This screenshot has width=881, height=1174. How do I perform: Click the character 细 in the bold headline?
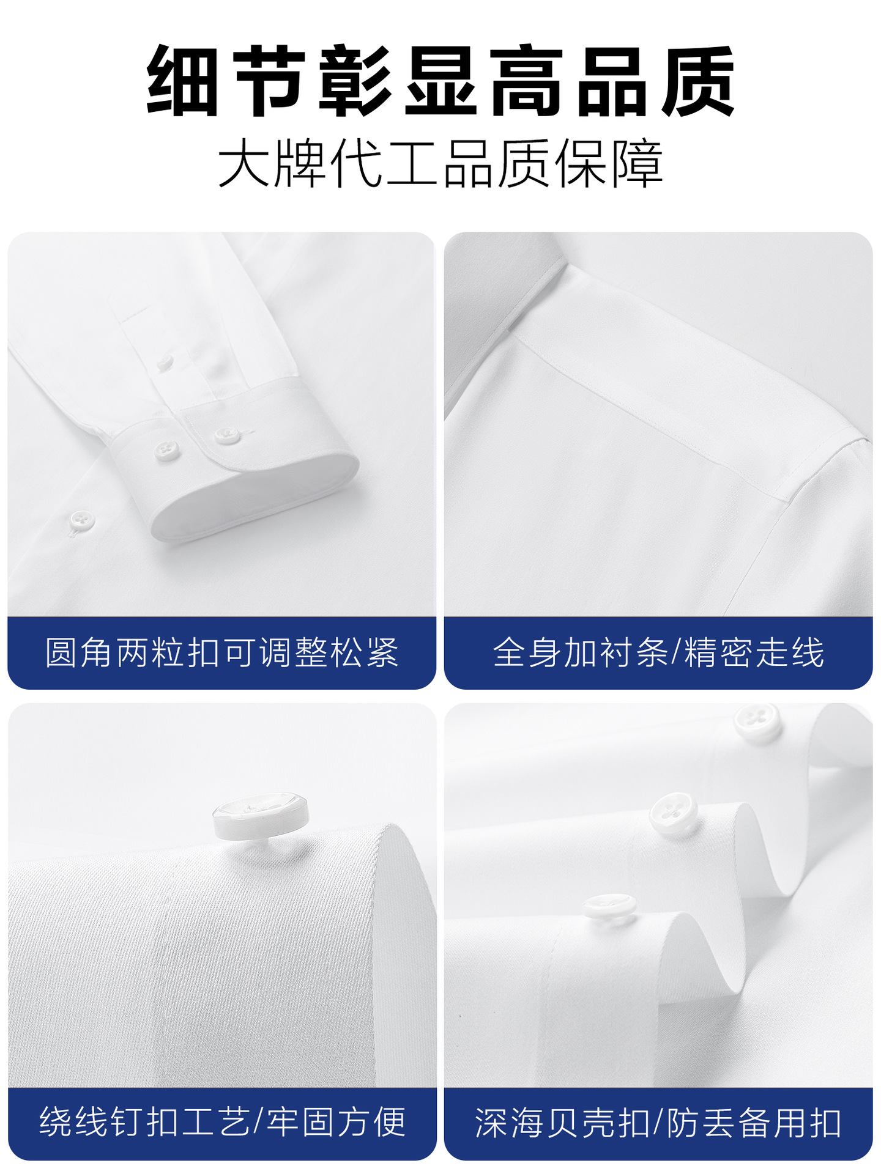pyautogui.click(x=183, y=81)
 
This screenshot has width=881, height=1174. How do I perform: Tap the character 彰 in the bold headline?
pyautogui.click(x=355, y=81)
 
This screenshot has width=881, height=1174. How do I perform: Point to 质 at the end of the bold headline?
pyautogui.click(x=698, y=81)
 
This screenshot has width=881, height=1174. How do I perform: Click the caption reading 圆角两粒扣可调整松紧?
pyautogui.click(x=221, y=652)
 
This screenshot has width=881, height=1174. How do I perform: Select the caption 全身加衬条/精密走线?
pyautogui.click(x=658, y=652)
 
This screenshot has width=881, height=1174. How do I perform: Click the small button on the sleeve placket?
pyautogui.click(x=165, y=363)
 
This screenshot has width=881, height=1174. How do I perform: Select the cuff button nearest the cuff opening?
pyautogui.click(x=227, y=435)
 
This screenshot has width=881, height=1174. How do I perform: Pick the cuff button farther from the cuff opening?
pyautogui.click(x=167, y=451)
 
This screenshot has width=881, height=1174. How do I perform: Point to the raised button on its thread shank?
pyautogui.click(x=261, y=816)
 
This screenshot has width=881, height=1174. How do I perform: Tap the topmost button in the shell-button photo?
pyautogui.click(x=758, y=723)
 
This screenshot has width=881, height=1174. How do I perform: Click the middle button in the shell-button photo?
pyautogui.click(x=674, y=813)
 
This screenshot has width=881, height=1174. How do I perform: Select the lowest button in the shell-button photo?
pyautogui.click(x=610, y=906)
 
